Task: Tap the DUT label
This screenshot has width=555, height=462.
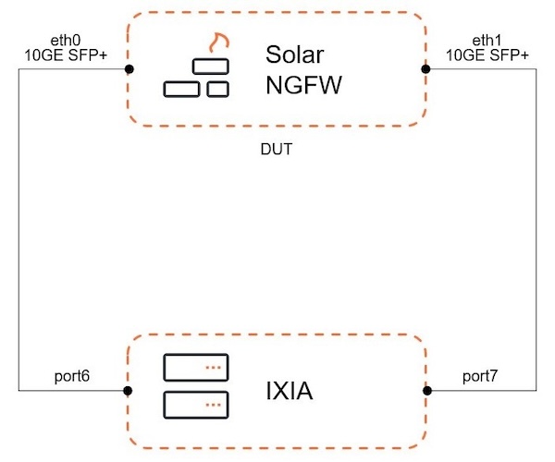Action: [277, 149]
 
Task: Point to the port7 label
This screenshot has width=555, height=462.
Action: [482, 376]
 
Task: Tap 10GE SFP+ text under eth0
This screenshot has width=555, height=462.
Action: [67, 55]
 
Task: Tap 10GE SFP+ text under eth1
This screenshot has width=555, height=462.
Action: [487, 55]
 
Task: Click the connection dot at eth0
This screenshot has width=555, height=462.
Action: [129, 69]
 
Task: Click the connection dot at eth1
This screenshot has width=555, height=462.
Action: [425, 69]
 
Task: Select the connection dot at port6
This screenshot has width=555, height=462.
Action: [129, 390]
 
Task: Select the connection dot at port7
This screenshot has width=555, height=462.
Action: [425, 390]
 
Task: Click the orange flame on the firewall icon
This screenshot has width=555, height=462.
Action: [218, 43]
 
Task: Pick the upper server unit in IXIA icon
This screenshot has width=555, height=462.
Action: [195, 368]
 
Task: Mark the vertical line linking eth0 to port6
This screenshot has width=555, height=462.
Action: [18, 231]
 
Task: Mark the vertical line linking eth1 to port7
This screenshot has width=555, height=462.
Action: [536, 231]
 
